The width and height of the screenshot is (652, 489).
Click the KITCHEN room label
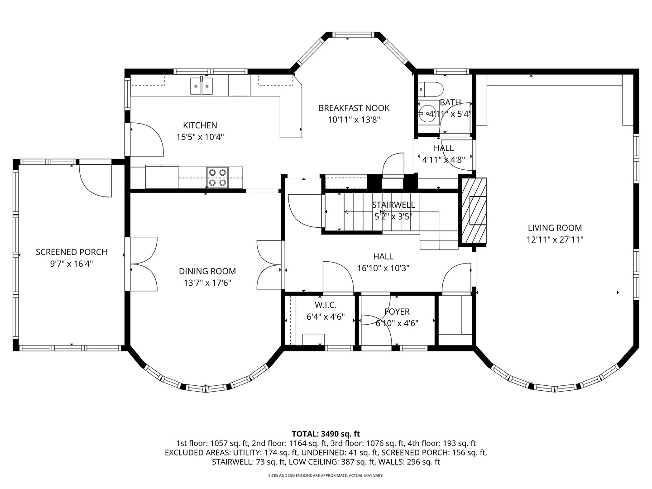(200, 125)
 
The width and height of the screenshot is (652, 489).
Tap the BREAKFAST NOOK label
(354, 108)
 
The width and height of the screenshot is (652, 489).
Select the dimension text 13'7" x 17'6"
(207, 283)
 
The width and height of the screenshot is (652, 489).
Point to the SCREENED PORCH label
(71, 252)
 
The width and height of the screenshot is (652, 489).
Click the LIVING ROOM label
(555, 228)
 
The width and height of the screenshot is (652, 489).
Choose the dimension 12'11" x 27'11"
(555, 240)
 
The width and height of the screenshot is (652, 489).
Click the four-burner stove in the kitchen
(218, 177)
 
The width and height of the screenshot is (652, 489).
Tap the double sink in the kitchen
(201, 86)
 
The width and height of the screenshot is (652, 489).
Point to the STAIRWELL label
(393, 205)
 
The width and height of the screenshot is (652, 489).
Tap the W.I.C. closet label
(326, 305)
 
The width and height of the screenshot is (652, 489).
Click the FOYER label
(397, 312)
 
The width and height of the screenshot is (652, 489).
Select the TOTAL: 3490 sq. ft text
(326, 434)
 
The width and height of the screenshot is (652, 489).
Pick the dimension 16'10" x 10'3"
(383, 268)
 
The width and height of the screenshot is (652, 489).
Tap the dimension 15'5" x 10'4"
(200, 137)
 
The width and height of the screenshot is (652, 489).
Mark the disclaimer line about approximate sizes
(326, 475)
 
